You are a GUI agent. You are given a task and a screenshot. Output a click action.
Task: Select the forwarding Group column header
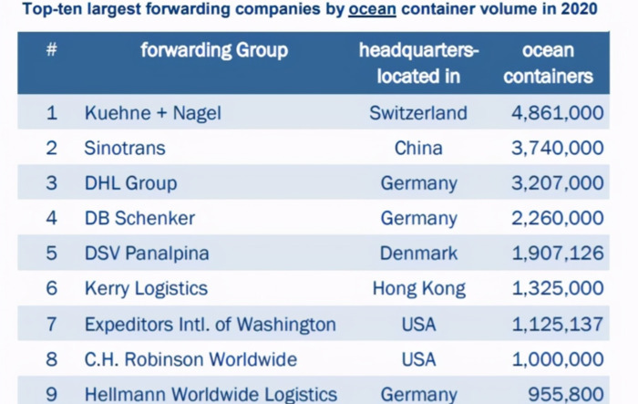click(214, 50)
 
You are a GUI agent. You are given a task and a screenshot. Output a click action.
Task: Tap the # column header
click(52, 49)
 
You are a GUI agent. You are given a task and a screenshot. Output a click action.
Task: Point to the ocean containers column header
click(548, 63)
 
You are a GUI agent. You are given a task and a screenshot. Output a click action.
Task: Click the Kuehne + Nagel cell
click(153, 113)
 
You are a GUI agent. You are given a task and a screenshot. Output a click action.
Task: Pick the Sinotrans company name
click(125, 148)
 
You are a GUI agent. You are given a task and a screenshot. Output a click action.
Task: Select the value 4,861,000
click(556, 113)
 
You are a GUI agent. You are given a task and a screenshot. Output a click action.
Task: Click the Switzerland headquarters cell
click(418, 113)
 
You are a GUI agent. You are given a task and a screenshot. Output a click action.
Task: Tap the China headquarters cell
click(418, 148)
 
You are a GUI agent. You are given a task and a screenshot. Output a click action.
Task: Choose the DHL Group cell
click(130, 182)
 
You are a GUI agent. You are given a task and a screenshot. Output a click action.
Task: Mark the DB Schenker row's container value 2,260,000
click(556, 218)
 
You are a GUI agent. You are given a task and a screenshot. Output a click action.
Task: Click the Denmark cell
click(418, 253)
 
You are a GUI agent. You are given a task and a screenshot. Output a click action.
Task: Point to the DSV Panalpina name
click(146, 253)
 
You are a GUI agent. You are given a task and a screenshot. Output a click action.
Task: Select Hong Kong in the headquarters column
click(418, 288)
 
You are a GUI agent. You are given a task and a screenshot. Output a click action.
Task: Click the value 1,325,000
click(556, 288)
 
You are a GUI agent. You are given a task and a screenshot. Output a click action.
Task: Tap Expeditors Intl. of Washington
click(211, 324)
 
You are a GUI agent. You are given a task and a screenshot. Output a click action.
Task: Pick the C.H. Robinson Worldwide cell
click(190, 359)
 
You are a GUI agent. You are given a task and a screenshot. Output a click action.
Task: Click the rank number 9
click(52, 394)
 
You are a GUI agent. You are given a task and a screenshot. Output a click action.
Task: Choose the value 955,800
click(566, 394)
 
